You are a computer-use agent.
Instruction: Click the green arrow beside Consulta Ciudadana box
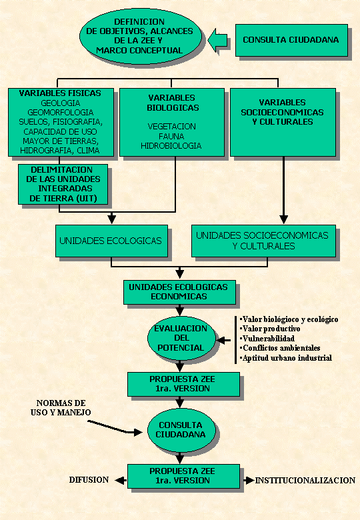[x=217, y=40]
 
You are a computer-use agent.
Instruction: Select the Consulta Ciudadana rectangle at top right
[x=291, y=40]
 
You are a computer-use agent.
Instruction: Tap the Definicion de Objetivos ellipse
[x=140, y=36]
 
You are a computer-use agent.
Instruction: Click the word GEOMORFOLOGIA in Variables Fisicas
[x=60, y=113]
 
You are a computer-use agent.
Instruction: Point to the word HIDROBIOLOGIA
[x=171, y=145]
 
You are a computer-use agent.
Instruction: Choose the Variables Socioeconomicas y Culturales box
[x=283, y=122]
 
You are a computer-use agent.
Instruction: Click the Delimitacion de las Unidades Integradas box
[x=63, y=184]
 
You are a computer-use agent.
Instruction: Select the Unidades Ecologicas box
[x=111, y=241]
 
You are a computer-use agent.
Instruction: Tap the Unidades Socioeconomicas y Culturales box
[x=263, y=241]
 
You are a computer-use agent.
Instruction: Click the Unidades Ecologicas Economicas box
[x=179, y=292]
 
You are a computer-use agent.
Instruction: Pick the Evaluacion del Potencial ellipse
[x=181, y=338]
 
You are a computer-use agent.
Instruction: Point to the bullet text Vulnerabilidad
[x=268, y=339]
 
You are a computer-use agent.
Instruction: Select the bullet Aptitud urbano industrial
[x=286, y=358]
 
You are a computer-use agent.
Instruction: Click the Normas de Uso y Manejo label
[x=61, y=407]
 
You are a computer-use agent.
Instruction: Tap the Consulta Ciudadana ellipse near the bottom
[x=181, y=430]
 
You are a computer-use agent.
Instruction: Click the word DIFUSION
[x=89, y=480]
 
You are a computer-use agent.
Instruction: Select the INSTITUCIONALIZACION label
[x=305, y=480]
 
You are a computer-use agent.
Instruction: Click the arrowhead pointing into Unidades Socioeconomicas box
[x=283, y=219]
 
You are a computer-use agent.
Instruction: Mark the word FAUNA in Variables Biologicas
[x=171, y=136]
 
